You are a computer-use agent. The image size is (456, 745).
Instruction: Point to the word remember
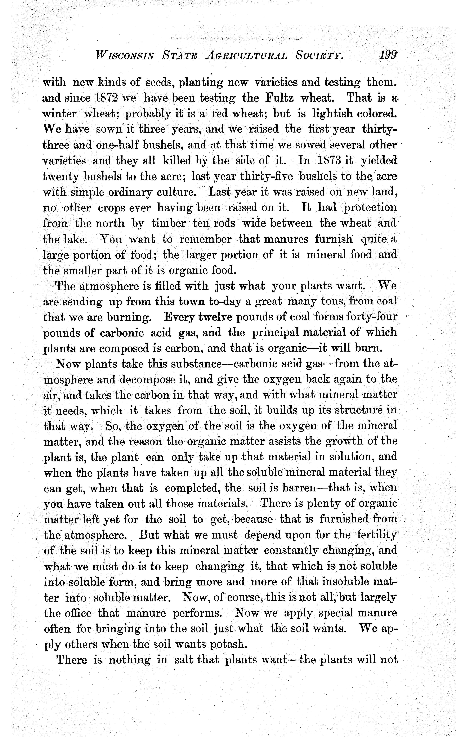coord(205,239)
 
